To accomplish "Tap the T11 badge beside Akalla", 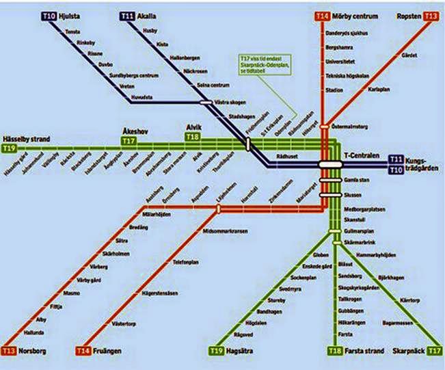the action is click(128, 15).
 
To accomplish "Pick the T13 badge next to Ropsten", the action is click(431, 15).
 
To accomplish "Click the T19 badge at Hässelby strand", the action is click(10, 148).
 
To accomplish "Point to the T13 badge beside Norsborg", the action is click(9, 351).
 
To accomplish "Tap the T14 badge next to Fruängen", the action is click(83, 351).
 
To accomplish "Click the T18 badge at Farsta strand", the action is click(335, 351).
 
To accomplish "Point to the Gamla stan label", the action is click(358, 179).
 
